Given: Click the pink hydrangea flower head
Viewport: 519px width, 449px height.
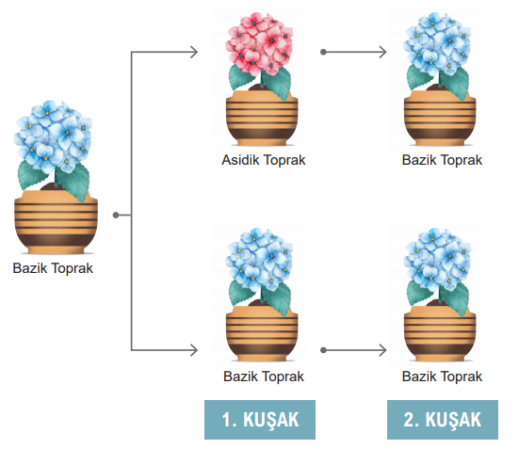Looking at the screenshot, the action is click(x=259, y=43).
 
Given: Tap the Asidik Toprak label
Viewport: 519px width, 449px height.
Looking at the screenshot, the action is click(x=264, y=160).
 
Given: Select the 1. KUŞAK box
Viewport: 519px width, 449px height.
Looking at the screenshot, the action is click(x=260, y=420).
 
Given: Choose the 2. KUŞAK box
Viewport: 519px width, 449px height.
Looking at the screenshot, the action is click(x=443, y=420).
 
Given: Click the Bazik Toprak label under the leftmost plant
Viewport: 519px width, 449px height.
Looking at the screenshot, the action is click(x=53, y=268).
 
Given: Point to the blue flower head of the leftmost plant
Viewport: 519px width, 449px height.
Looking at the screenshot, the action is click(x=53, y=136).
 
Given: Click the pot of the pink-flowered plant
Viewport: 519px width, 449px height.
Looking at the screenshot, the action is click(x=262, y=119).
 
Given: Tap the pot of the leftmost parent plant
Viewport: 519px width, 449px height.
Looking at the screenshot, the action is click(x=56, y=222).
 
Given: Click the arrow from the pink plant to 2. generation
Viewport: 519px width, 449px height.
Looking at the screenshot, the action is click(x=353, y=52).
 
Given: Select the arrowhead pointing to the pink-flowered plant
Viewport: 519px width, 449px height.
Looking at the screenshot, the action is click(x=194, y=52).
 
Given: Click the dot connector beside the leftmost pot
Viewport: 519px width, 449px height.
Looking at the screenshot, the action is click(x=116, y=215).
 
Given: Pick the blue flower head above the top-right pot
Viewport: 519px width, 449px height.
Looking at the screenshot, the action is click(x=437, y=43).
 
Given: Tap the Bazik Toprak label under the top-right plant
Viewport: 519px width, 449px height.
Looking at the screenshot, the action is click(x=442, y=160).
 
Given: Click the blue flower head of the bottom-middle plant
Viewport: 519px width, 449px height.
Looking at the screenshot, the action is click(x=259, y=260).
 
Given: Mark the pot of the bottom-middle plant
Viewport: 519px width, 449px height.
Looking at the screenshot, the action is click(x=262, y=333).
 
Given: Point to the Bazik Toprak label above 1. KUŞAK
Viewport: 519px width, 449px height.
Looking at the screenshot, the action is click(x=264, y=377).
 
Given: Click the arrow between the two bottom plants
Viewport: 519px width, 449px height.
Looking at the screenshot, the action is click(x=353, y=350).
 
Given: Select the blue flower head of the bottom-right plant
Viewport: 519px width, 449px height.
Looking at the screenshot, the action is click(x=437, y=260).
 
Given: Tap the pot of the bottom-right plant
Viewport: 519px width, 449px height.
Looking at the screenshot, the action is click(x=440, y=333).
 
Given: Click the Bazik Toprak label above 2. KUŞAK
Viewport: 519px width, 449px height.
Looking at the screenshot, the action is click(x=442, y=377).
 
